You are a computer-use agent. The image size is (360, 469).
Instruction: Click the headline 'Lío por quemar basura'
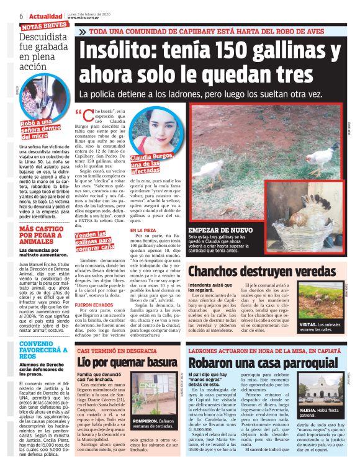(127, 362)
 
